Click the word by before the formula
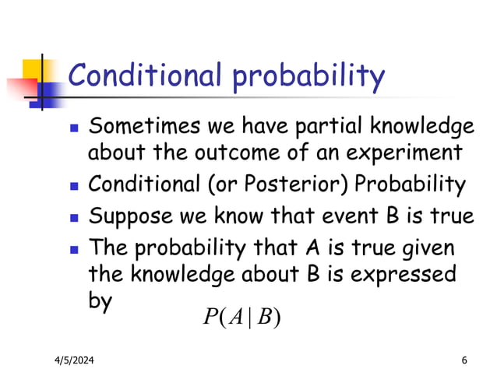point(100,301)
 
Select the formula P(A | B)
point(241,317)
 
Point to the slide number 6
point(464,359)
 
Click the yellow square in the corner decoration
point(31,68)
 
